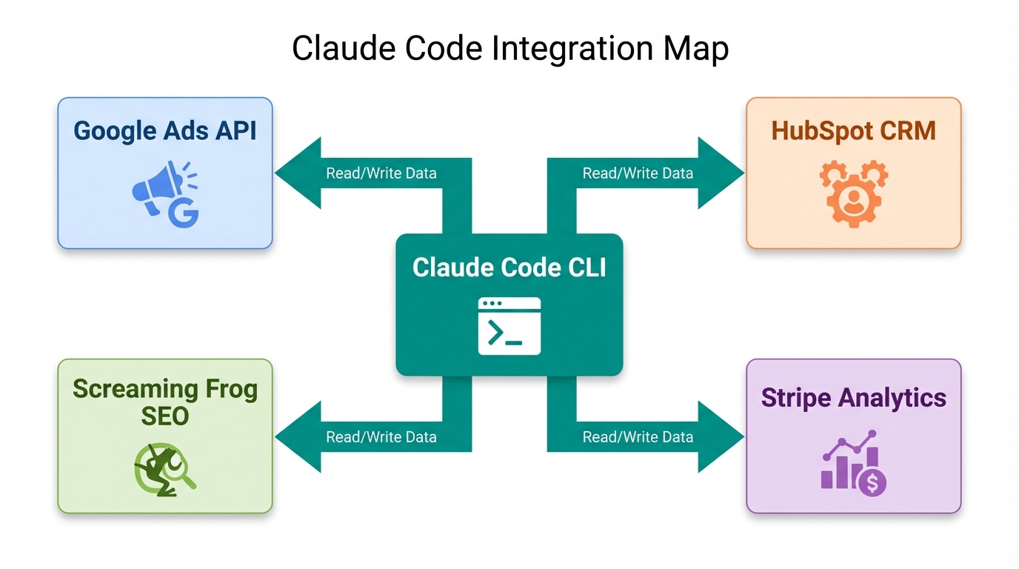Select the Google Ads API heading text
coord(165,131)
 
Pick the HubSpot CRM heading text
coord(853,131)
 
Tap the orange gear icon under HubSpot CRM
coord(853,193)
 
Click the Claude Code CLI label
coord(509,267)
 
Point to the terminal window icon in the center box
coord(509,326)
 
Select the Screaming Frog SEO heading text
coord(165,402)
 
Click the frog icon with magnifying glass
coord(164,470)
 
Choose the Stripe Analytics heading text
coord(853,398)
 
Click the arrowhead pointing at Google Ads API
coord(298,173)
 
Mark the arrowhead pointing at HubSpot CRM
coord(721,173)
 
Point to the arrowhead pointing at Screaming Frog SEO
coord(298,437)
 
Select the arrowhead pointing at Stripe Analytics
coord(721,437)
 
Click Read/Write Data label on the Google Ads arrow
coord(381,173)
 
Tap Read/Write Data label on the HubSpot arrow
coord(638,173)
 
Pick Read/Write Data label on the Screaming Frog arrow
coord(381,437)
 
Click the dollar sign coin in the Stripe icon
coord(872,483)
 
